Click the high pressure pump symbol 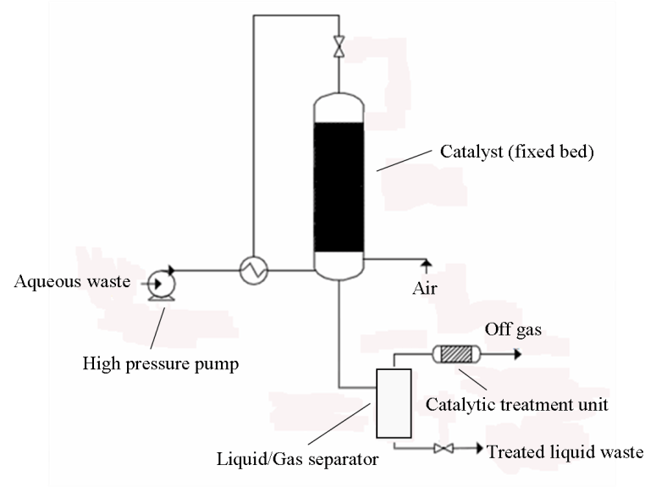(158, 283)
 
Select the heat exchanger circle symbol (252, 271)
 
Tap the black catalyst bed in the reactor (339, 188)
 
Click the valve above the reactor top (339, 47)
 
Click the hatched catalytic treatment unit (456, 353)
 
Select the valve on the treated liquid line (440, 449)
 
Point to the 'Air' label (424, 289)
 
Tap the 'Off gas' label (512, 329)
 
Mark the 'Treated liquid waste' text (565, 451)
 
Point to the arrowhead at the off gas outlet (510, 353)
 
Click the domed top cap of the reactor (339, 107)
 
